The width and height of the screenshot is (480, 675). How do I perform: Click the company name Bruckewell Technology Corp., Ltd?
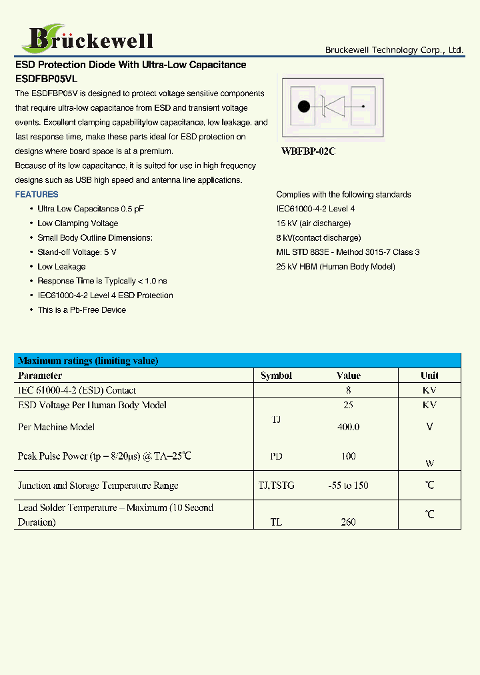(393, 50)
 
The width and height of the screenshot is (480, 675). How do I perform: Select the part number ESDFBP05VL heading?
(46, 79)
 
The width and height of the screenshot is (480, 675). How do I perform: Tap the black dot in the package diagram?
(304, 107)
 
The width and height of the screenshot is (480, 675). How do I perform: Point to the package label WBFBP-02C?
(308, 151)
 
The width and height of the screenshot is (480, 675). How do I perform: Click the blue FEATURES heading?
(37, 195)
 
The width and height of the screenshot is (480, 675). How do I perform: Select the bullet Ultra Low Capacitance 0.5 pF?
(91, 209)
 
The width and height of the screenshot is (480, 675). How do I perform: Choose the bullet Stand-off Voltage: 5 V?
(77, 252)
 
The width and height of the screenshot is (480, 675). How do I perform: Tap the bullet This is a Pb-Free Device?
(81, 310)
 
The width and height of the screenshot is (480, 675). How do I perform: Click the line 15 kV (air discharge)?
(313, 223)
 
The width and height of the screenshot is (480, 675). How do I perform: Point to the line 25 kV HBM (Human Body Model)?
(335, 267)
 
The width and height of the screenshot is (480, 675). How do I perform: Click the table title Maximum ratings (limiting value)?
(88, 361)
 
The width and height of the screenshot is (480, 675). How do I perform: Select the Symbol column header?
(276, 376)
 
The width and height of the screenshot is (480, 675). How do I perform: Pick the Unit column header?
(429, 376)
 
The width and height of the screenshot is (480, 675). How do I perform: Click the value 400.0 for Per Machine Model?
(348, 427)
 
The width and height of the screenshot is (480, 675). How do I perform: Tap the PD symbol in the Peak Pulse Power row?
(276, 457)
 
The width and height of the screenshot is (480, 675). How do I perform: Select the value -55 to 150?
(348, 486)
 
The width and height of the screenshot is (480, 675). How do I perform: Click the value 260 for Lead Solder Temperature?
(348, 522)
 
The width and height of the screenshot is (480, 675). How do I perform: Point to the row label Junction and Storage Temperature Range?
(98, 486)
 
